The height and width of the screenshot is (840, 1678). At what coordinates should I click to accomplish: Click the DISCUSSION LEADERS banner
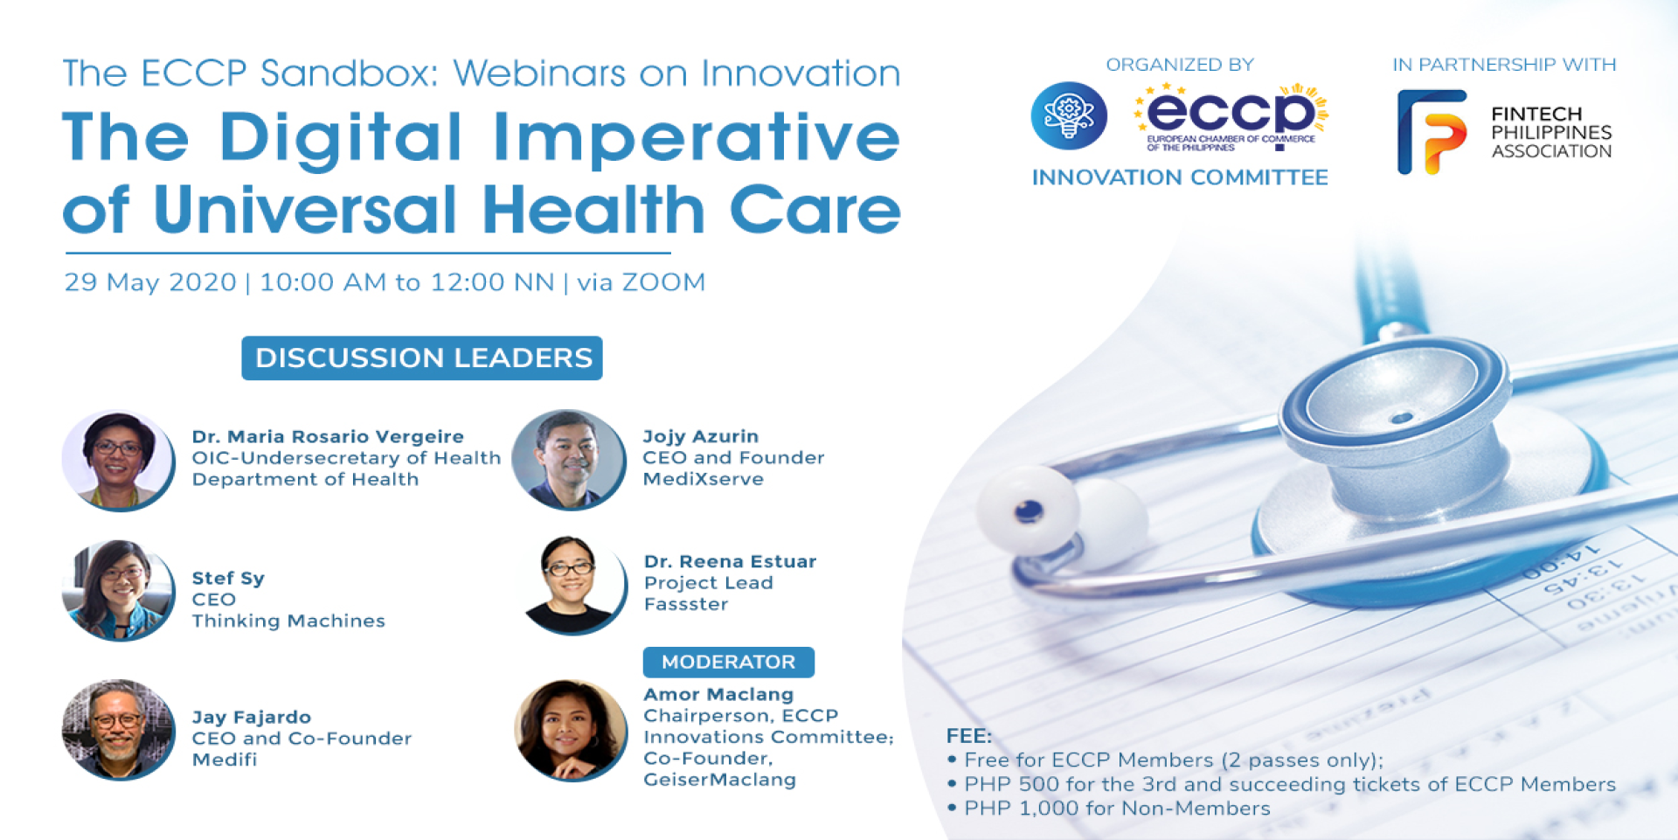point(422,358)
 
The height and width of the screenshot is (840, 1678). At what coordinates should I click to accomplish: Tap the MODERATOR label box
point(729,662)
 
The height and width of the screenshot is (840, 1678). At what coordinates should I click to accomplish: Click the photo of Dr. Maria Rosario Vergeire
point(119,461)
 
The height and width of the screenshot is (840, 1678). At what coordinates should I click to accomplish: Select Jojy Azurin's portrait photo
point(569,460)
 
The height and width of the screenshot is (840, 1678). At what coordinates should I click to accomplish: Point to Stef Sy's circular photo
point(119,591)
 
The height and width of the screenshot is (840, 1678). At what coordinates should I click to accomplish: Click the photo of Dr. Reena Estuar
point(572,585)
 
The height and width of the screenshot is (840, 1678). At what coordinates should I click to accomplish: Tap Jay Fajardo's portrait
point(119,730)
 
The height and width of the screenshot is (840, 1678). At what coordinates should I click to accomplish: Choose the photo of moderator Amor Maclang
point(571,731)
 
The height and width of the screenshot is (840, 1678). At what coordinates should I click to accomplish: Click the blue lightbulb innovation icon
point(1069,115)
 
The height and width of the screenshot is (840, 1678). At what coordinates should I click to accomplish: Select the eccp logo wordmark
point(1231,117)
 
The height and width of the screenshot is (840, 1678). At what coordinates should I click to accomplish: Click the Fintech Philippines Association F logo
point(1432,132)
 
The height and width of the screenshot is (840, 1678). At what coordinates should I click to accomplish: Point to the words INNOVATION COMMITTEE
point(1180,177)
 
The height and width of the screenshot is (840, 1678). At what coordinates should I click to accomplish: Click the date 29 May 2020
point(150,282)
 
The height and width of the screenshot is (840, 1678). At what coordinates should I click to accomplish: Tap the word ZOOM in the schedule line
point(663,282)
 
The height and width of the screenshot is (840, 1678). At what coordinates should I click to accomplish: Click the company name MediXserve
point(704,479)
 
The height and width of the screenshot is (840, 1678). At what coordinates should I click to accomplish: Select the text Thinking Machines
point(288,621)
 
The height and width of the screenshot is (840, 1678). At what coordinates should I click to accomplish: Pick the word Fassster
point(686,604)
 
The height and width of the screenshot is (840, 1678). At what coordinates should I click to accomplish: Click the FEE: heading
point(969,735)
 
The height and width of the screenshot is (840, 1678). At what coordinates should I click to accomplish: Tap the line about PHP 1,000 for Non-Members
point(1109,809)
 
